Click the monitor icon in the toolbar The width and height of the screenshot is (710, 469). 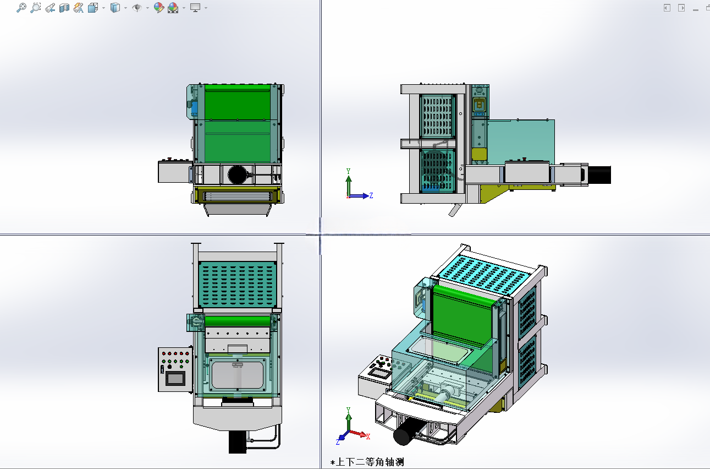pos(195,8)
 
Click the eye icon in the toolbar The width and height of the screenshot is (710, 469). pos(136,8)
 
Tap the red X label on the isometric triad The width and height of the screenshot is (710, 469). pos(368,437)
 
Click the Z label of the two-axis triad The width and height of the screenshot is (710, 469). pos(371,195)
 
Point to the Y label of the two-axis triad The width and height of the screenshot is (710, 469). pos(348,171)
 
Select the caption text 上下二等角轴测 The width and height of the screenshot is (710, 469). pos(370,462)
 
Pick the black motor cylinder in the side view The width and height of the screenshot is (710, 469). pos(599,175)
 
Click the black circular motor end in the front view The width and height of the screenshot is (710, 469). pos(236,174)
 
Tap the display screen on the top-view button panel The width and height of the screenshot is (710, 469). pos(175,378)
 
